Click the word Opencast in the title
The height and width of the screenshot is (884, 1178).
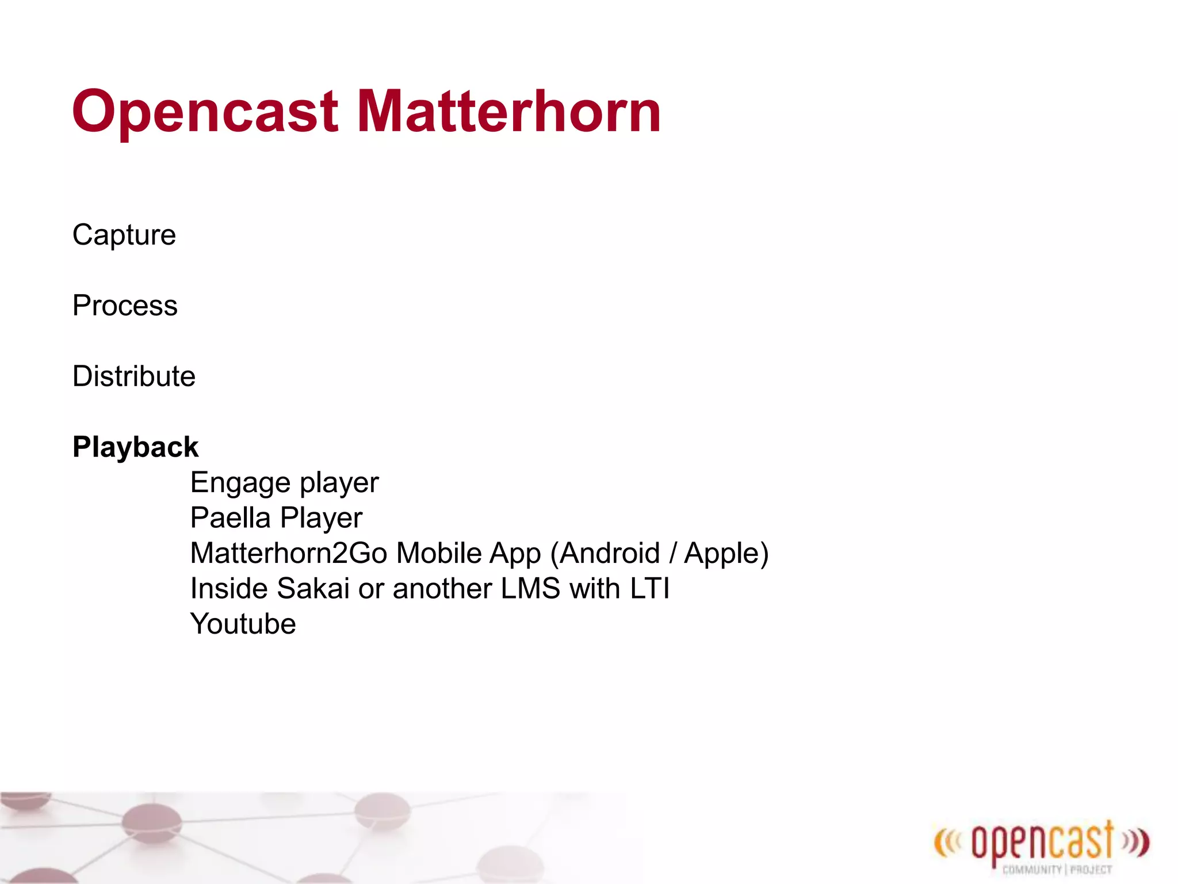point(204,112)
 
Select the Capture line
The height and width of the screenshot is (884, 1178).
point(124,235)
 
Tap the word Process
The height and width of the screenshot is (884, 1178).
point(125,306)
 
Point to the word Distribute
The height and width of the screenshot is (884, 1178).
point(134,376)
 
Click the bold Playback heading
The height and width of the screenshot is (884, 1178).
point(135,447)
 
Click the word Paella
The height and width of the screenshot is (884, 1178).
point(230,518)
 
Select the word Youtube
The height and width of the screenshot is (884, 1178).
point(243,624)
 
